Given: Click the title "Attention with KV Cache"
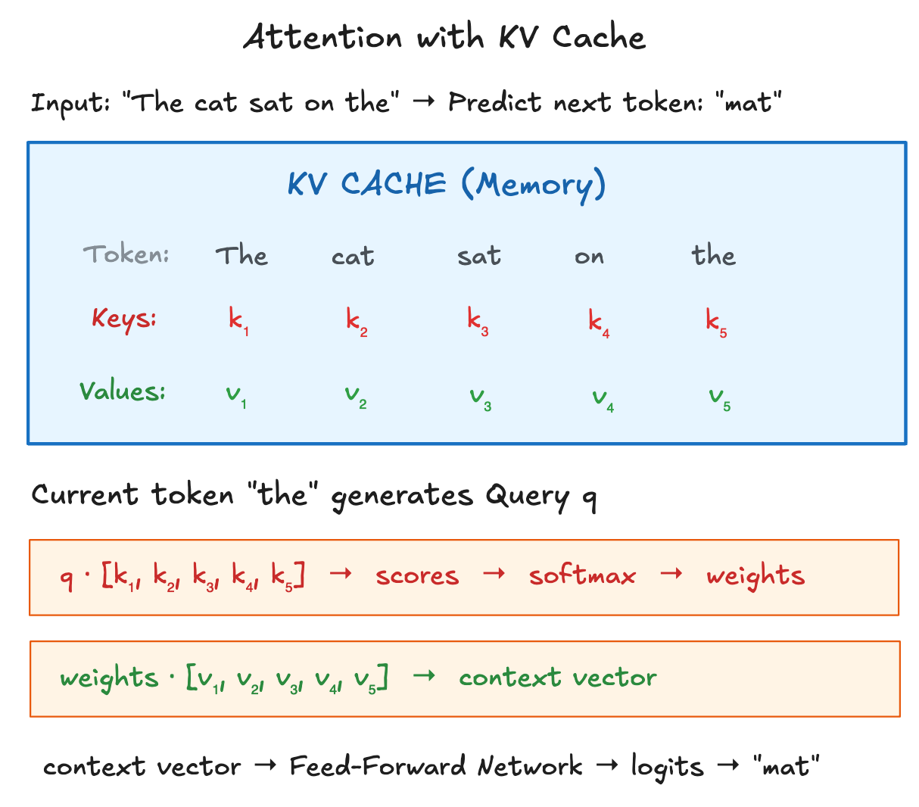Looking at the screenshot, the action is pyautogui.click(x=444, y=37).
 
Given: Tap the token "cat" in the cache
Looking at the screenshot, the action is pyautogui.click(x=353, y=257).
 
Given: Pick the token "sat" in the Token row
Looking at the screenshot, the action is pyautogui.click(x=478, y=256).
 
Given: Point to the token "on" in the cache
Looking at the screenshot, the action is pyautogui.click(x=589, y=257).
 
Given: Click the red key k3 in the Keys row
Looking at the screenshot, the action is pyautogui.click(x=478, y=321).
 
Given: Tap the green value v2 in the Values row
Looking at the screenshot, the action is pyautogui.click(x=356, y=395).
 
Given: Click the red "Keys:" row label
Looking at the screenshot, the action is pyautogui.click(x=124, y=319).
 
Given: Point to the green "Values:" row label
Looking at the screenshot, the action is pyautogui.click(x=123, y=391).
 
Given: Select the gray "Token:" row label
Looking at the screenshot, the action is pyautogui.click(x=126, y=254).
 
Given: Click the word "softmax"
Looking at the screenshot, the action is pyautogui.click(x=582, y=576).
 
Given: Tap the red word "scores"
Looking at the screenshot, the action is pyautogui.click(x=417, y=576).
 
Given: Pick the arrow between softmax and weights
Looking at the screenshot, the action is pyautogui.click(x=671, y=575).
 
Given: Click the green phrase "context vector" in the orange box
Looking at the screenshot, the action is pyautogui.click(x=557, y=677).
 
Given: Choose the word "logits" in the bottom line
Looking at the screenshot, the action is pyautogui.click(x=667, y=768).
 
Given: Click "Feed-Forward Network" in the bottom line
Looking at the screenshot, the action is pyautogui.click(x=436, y=766).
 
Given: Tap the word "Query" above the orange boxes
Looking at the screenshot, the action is pyautogui.click(x=527, y=496).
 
